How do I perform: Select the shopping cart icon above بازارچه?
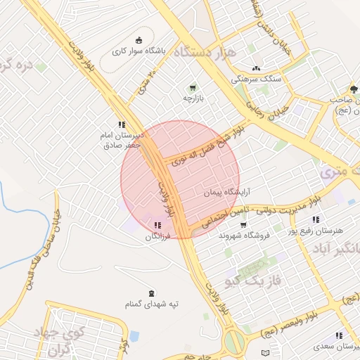pos(192,88)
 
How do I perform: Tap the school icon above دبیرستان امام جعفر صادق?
pos(122,124)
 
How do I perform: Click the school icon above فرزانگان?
pos(155,226)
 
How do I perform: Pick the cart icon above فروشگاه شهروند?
pos(243,225)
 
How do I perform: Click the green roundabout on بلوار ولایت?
pos(234,342)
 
